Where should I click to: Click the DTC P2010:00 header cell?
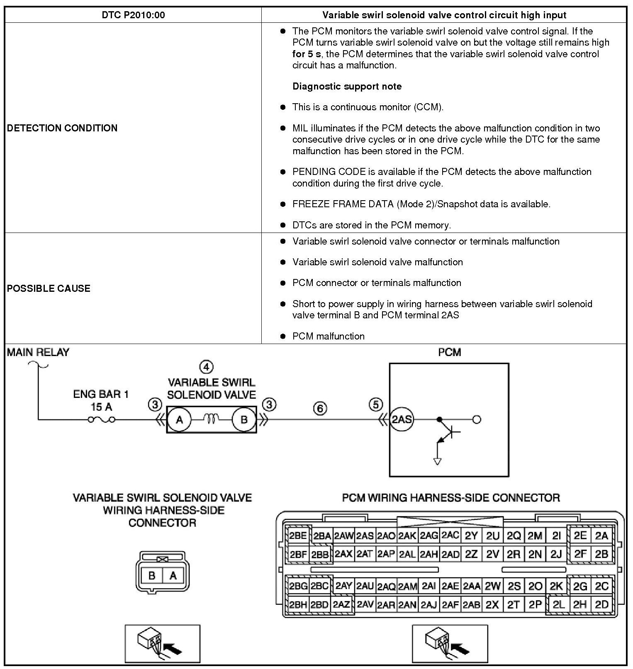click(x=133, y=15)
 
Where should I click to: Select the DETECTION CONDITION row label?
click(x=62, y=128)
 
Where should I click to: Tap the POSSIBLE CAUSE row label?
click(x=49, y=288)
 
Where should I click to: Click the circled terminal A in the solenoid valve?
click(x=179, y=420)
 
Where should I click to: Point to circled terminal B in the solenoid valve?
click(x=244, y=420)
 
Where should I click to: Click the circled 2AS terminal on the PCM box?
click(x=402, y=419)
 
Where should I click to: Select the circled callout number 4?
click(x=206, y=367)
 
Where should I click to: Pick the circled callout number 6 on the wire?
click(x=320, y=409)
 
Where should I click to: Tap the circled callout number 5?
click(x=376, y=405)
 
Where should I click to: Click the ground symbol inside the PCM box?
click(x=437, y=461)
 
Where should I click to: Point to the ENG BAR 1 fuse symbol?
click(x=102, y=420)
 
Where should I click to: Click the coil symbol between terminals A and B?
click(x=212, y=420)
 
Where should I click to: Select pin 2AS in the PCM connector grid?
click(x=365, y=536)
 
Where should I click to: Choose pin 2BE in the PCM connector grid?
click(x=298, y=536)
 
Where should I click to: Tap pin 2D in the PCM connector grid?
click(x=601, y=605)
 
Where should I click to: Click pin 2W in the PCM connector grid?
click(x=492, y=586)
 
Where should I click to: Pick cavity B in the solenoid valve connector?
click(x=152, y=575)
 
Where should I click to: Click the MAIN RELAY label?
click(x=38, y=353)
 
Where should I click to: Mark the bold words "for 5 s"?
click(x=306, y=54)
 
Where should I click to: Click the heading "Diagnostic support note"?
click(x=347, y=87)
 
